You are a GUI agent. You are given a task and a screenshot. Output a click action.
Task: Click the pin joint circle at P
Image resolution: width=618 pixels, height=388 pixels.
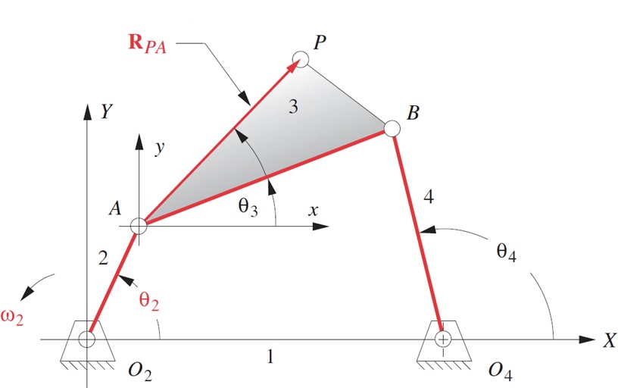[300, 58]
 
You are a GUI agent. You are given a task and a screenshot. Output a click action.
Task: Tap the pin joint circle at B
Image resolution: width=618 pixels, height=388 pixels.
[392, 128]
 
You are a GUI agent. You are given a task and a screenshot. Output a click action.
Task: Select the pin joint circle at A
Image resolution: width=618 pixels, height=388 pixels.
[138, 225]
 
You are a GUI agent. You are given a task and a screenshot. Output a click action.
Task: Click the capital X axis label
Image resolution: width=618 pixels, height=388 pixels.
[609, 341]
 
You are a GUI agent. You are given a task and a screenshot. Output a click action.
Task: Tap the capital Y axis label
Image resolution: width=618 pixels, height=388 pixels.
[107, 112]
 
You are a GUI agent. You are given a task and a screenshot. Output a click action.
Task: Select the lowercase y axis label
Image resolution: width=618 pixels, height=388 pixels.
[159, 148]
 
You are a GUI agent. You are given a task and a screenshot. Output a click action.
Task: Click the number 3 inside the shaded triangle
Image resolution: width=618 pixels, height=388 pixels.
[293, 107]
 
